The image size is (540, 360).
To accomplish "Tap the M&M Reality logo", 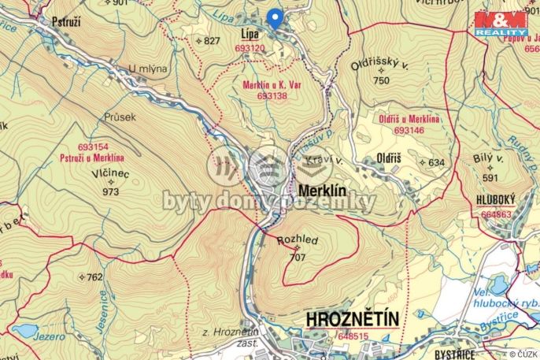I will [x=500, y=24].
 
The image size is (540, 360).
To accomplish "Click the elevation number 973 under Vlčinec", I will [x=110, y=191].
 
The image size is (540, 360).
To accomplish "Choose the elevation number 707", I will [x=297, y=256].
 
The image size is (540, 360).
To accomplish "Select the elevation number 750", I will [x=381, y=80].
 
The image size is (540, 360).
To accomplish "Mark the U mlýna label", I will [x=150, y=69].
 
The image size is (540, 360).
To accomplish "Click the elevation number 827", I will [x=212, y=40].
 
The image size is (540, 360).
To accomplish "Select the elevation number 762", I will [x=94, y=277].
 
